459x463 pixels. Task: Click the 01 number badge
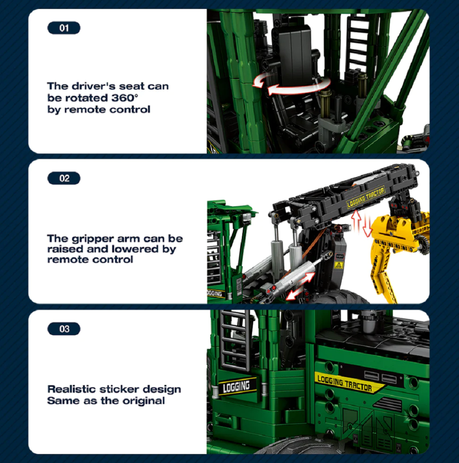pos(64,28)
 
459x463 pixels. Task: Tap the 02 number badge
pos(64,178)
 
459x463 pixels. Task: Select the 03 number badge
pos(64,329)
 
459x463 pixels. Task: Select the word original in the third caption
pos(143,401)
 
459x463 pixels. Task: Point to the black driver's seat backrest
pos(295,49)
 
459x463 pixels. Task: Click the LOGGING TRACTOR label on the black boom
pos(367,198)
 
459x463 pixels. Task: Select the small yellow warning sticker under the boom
pos(338,265)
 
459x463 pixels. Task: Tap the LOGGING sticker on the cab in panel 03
pos(237,386)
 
